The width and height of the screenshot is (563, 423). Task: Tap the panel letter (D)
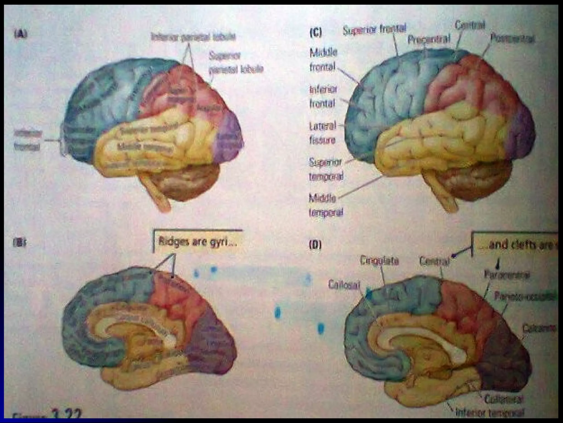pos(315,245)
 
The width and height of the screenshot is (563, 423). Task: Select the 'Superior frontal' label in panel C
pos(374,30)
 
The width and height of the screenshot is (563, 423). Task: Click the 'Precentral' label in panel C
pos(429,39)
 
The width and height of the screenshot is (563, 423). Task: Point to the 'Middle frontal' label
pos(323,60)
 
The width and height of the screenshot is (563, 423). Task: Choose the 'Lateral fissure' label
pos(322,133)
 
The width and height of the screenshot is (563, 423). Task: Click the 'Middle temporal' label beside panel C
pos(326,205)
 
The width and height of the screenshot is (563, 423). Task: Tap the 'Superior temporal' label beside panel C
pos(326,169)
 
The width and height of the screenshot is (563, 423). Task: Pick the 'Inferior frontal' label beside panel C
pos(323,96)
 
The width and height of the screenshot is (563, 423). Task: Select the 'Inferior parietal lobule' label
pos(193,37)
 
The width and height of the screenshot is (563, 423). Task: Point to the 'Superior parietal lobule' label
pos(236,63)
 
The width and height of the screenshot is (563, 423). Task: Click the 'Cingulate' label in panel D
pos(379,261)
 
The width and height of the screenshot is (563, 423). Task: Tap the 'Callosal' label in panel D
pos(344,285)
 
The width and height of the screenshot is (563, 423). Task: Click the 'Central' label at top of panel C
pos(470,25)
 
